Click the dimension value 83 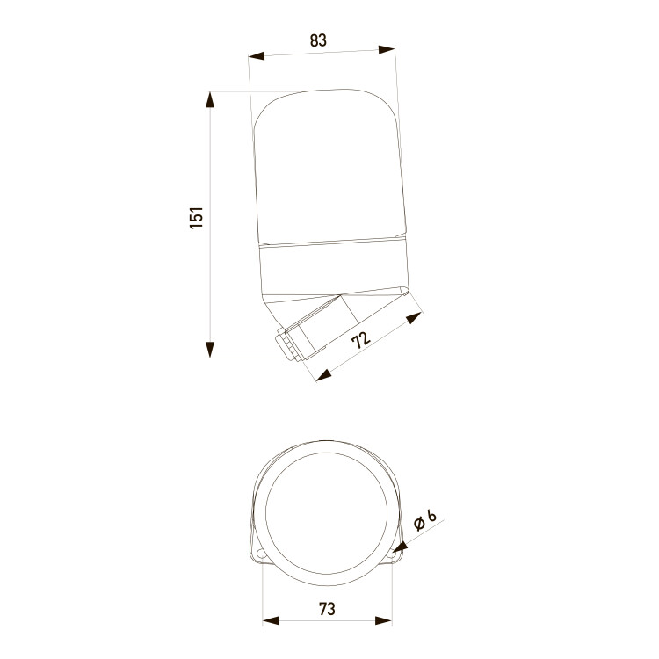[318, 40]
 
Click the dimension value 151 [196, 218]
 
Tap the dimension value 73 [327, 609]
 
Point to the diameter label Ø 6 [425, 520]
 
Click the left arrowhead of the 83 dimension [256, 56]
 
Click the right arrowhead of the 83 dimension [387, 49]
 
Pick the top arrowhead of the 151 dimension [210, 99]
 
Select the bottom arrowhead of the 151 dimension [210, 350]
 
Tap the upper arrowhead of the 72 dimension [415, 317]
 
